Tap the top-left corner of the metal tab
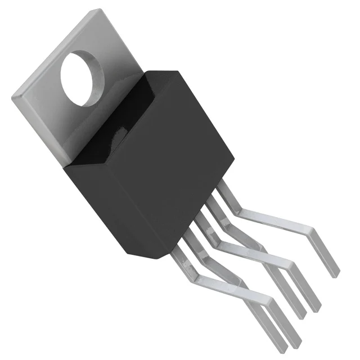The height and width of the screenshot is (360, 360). coord(12,97)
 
